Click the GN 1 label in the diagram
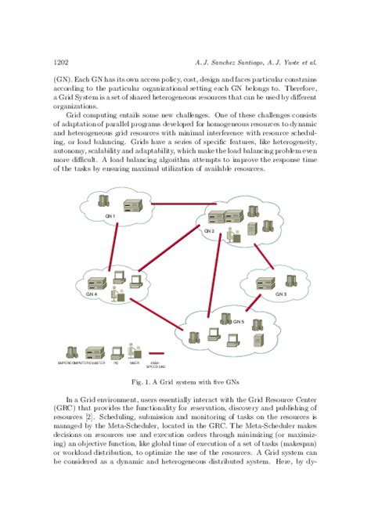point(110,216)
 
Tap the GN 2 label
point(209,231)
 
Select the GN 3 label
point(281,294)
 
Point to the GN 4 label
point(92,294)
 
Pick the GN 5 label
point(239,320)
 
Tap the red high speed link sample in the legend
point(156,353)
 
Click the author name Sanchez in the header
point(220,61)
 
